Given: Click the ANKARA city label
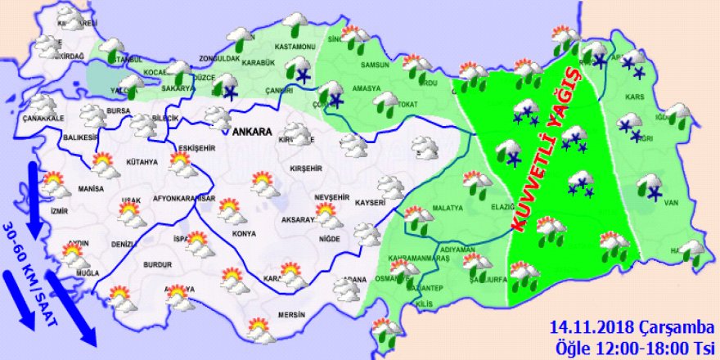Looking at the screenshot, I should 252,132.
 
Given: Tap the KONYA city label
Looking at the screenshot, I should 245,233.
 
